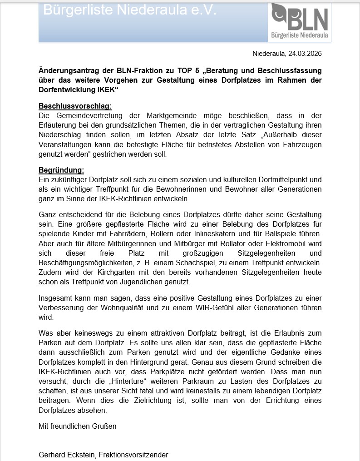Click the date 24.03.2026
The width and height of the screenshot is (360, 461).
[x=305, y=54]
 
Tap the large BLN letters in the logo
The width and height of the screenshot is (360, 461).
[x=306, y=20]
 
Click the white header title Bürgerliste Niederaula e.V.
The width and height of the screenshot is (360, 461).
[x=130, y=10]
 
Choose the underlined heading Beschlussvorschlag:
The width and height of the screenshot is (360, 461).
[x=75, y=106]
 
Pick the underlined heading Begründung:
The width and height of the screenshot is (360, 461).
[x=61, y=170]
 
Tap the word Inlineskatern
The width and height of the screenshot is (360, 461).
[x=233, y=233]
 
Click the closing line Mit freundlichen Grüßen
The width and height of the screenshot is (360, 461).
[x=78, y=426]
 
